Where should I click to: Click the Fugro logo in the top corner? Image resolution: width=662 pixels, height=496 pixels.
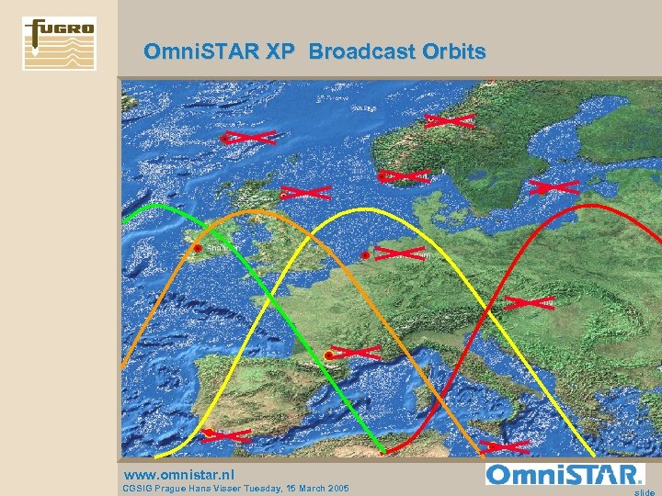[59, 43]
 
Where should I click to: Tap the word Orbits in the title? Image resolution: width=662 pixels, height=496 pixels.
[453, 51]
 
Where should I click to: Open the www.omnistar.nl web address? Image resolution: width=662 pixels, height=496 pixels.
[179, 475]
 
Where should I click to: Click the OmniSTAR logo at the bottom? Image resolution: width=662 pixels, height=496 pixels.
[565, 475]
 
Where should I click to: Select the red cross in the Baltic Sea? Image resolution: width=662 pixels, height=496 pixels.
[553, 187]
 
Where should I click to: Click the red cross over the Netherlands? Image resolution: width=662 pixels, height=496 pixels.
[399, 252]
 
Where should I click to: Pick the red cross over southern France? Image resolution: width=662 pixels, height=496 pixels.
[354, 352]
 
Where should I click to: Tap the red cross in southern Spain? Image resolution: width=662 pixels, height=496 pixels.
[226, 435]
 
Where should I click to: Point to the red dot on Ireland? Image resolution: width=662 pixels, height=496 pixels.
[197, 248]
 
